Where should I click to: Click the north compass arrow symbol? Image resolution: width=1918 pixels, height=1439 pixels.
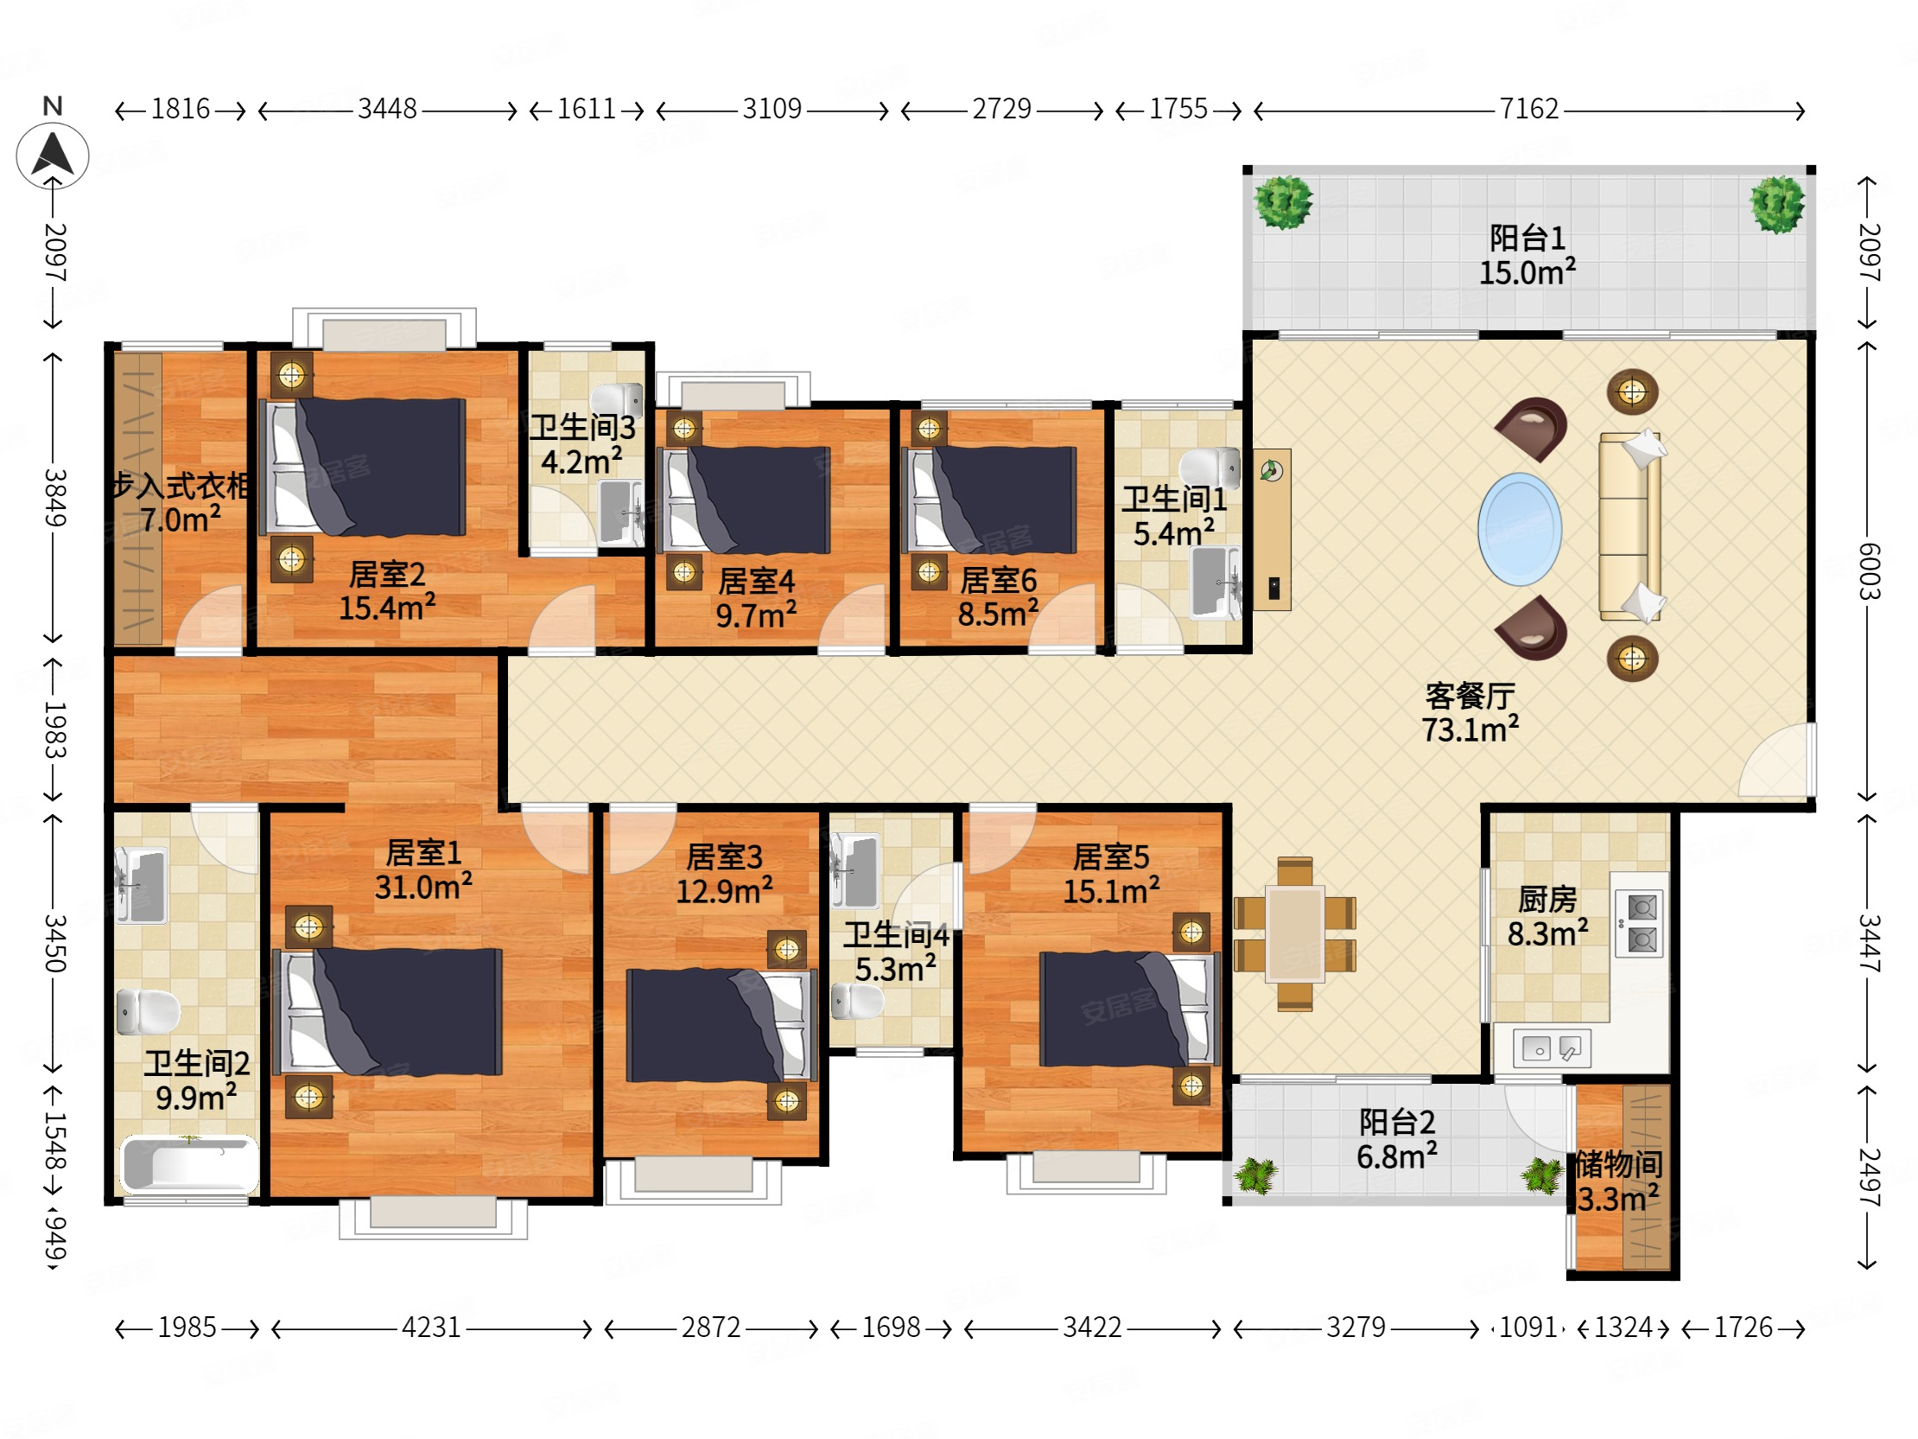[53, 156]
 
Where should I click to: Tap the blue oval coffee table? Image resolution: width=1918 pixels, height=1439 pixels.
[1519, 528]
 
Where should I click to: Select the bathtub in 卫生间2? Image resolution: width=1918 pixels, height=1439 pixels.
[189, 1164]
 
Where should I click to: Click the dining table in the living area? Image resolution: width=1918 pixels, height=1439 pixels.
[1294, 933]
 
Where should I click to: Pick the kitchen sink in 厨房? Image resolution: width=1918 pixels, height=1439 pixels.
[1551, 1047]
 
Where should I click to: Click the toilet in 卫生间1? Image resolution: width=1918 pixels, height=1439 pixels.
[1210, 468]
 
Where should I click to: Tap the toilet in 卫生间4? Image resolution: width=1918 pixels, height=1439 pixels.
[857, 1001]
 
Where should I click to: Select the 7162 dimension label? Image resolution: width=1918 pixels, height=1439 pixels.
[1528, 109]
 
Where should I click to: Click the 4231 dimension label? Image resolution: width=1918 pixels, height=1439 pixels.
[431, 1328]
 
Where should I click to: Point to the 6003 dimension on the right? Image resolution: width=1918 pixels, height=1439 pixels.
[1869, 570]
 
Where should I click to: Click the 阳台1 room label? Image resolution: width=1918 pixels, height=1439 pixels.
[1527, 238]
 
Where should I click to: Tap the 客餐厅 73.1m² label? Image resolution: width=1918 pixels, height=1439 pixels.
[1470, 712]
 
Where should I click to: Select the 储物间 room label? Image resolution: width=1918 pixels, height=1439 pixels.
[1619, 1164]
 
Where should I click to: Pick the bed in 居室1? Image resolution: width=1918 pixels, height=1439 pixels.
[388, 1011]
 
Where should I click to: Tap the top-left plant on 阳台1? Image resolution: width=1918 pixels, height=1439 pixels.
[1283, 202]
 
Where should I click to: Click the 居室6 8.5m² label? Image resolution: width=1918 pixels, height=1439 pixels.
[998, 596]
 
